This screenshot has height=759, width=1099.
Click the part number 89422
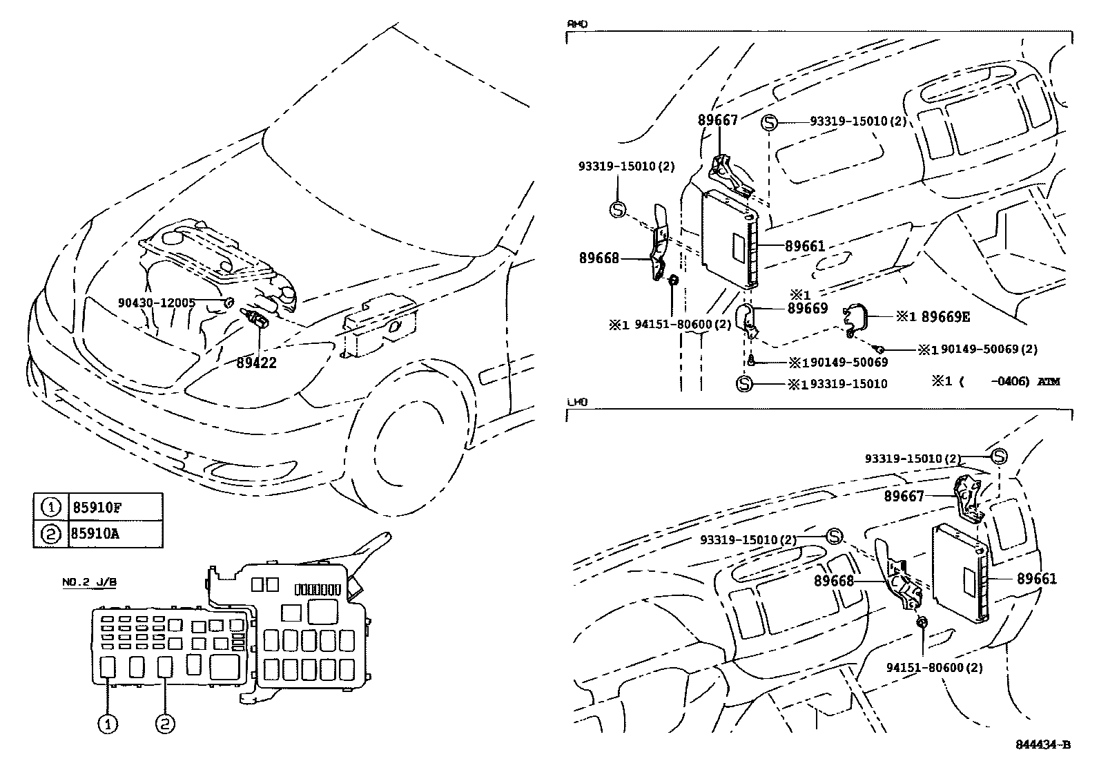click(x=256, y=363)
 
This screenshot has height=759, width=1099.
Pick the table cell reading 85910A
click(x=97, y=534)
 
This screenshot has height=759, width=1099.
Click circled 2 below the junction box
click(x=165, y=724)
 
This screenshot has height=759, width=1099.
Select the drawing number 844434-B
click(x=1042, y=744)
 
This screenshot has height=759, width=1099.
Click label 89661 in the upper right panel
click(x=805, y=246)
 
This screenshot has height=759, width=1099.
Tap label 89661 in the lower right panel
click(x=1036, y=579)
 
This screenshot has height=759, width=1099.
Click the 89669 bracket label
click(x=807, y=309)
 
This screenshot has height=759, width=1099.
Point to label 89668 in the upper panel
click(x=599, y=258)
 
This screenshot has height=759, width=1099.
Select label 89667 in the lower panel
click(x=904, y=496)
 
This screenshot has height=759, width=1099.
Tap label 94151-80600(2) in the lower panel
click(x=934, y=667)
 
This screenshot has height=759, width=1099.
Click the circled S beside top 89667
click(x=769, y=124)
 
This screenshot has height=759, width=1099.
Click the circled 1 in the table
click(x=51, y=508)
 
